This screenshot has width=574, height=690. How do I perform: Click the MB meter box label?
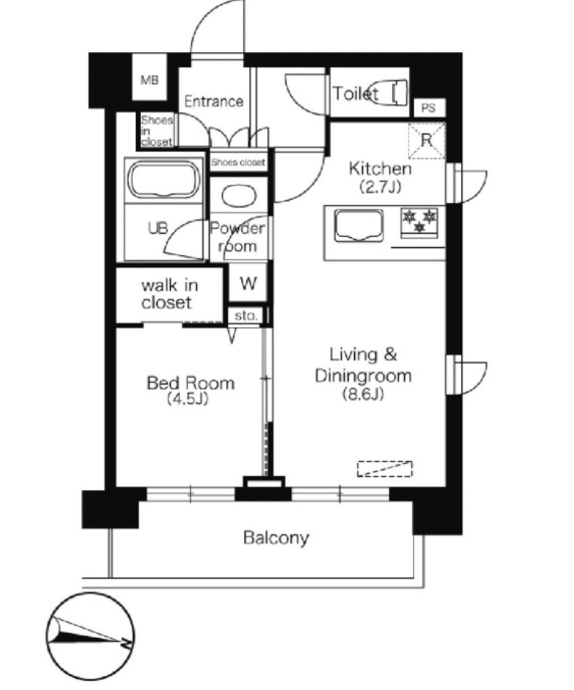coord(149,80)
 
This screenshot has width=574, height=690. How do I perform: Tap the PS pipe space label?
coord(428,108)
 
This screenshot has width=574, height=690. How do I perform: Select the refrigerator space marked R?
coord(426,141)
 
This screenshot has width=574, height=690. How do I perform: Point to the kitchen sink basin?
coord(359,225)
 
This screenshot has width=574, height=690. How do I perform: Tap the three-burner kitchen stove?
coord(420,222)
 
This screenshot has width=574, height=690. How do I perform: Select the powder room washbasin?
coord(239,196)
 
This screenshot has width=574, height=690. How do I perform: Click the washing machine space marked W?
coord(248,283)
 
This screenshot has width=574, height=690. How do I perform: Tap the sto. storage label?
coord(246,315)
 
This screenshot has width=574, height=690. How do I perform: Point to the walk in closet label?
coord(169,294)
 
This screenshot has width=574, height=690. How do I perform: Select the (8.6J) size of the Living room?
coord(363,394)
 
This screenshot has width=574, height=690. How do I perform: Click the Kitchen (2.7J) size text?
coord(380,187)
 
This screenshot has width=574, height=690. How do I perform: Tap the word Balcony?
coord(276,538)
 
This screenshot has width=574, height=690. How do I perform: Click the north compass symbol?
coord(90,637)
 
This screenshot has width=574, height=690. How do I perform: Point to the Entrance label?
coord(214,102)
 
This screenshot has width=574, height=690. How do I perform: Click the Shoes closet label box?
coord(238,162)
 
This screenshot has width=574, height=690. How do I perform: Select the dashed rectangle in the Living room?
coord(384,469)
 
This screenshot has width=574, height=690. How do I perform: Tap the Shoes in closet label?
coord(157,131)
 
